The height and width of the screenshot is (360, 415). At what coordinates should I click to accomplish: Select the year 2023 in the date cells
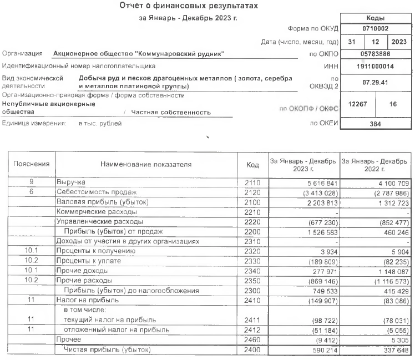[398, 42]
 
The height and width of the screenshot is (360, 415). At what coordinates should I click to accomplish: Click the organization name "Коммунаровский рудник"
[139, 54]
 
